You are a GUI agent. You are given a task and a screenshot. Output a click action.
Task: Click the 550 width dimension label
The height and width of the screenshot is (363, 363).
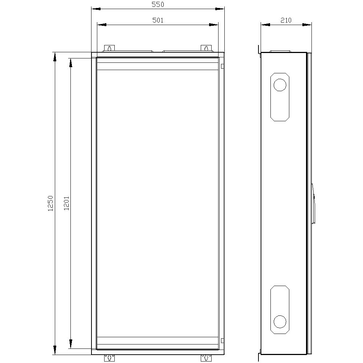[x=158, y=4]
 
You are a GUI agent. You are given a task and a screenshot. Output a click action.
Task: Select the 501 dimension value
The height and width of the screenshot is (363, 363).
[x=158, y=20]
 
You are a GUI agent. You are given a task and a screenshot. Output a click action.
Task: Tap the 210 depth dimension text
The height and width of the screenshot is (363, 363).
[x=286, y=20]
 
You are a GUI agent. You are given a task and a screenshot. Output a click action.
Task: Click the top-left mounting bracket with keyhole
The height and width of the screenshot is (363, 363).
[x=109, y=48]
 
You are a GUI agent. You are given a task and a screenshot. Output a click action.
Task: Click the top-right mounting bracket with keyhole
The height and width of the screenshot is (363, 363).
[x=206, y=48]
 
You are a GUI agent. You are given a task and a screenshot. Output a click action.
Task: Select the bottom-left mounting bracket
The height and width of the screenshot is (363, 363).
[x=109, y=358]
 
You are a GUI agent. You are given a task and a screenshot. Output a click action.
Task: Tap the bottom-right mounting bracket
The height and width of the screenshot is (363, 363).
[x=206, y=358]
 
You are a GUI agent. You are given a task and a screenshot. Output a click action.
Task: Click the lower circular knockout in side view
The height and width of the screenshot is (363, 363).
[x=280, y=321]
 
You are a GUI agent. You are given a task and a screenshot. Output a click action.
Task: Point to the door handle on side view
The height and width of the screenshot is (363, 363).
[x=314, y=203]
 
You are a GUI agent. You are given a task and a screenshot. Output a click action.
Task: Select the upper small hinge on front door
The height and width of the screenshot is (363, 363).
[x=222, y=66]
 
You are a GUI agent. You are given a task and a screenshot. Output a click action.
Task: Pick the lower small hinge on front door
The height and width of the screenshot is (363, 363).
[x=222, y=340]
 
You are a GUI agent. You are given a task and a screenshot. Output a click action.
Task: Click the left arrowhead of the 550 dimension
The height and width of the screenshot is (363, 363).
[x=95, y=9]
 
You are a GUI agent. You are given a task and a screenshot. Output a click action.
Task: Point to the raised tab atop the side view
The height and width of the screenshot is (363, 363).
[x=280, y=51]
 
